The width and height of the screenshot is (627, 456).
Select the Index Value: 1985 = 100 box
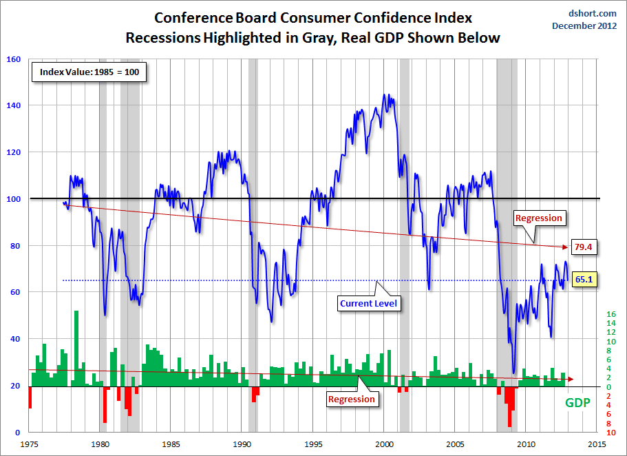click(x=89, y=72)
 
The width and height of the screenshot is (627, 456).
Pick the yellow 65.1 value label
click(x=584, y=280)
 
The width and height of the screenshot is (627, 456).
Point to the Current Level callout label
click(x=370, y=302)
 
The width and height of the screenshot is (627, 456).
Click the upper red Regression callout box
click(x=539, y=218)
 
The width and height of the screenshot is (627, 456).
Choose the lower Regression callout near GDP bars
click(x=352, y=399)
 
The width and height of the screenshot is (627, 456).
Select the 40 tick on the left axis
click(x=14, y=339)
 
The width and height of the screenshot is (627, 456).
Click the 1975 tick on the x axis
click(x=29, y=444)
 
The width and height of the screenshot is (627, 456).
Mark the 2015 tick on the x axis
click(x=597, y=444)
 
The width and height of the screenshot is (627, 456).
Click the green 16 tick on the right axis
click(x=610, y=314)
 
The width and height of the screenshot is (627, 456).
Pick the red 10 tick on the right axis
click(x=610, y=433)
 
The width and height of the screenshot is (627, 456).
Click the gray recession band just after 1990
click(x=253, y=207)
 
